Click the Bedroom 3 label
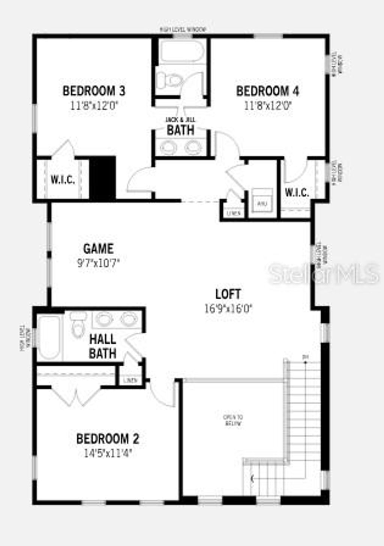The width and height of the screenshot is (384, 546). tap(94, 91)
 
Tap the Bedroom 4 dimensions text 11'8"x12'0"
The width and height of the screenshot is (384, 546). tap(268, 106)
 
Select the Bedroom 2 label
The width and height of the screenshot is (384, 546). tap(108, 439)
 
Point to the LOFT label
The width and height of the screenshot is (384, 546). tap(228, 294)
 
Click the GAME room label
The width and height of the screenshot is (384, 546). tap(98, 249)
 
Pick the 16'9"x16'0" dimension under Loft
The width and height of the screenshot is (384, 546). tap(228, 309)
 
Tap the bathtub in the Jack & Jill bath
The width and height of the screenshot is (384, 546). tap(182, 51)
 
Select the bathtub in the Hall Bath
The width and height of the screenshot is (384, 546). tap(49, 337)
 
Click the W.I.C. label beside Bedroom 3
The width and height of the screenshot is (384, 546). tap(63, 180)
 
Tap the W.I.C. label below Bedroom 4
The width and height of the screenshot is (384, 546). tap(297, 193)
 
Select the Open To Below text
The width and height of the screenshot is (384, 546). tap(233, 420)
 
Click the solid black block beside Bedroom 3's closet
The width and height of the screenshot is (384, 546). tap(102, 178)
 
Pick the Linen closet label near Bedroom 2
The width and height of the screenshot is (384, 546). tap(130, 381)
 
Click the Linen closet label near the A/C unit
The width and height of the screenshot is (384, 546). tap(233, 213)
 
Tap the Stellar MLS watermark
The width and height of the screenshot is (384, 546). tap(323, 273)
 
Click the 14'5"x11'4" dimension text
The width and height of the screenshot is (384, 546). tap(108, 454)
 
